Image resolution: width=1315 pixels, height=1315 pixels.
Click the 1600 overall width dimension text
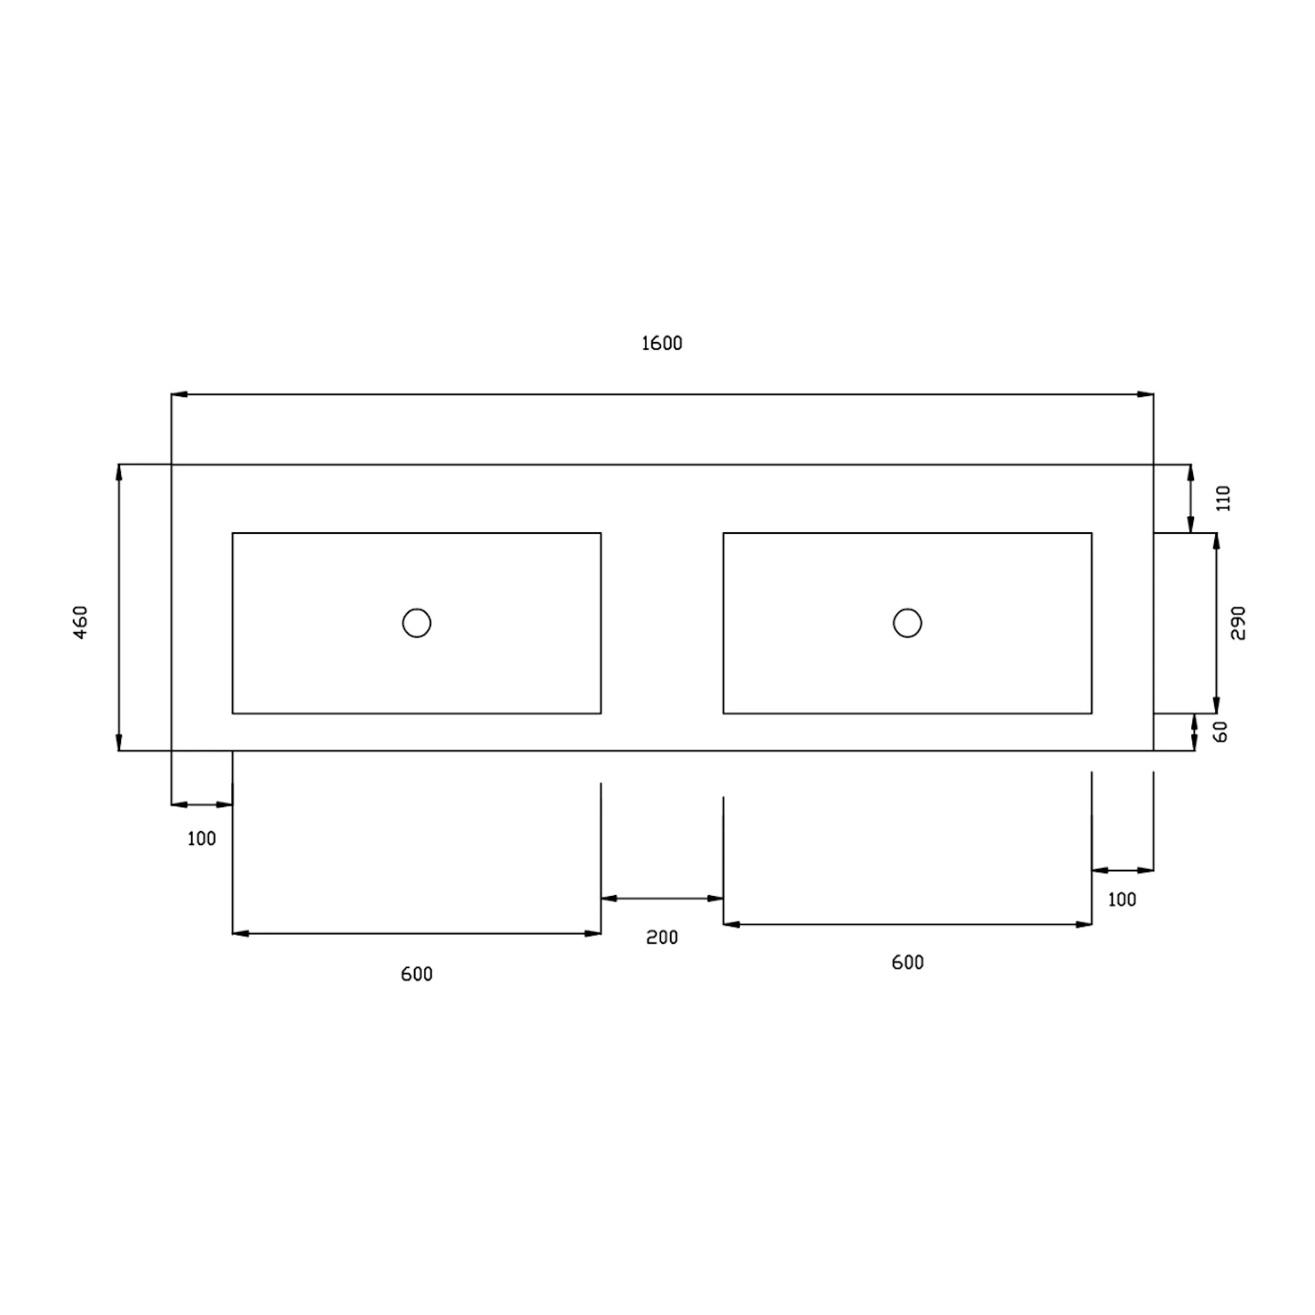tap(662, 344)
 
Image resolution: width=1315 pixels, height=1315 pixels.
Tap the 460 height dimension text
tap(81, 622)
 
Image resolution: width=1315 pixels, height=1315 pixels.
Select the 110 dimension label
tap(1224, 498)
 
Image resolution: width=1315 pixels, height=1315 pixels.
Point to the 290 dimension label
tap(1238, 622)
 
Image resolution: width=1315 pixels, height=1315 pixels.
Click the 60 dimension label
tap(1220, 731)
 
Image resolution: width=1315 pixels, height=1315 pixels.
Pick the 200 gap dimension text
tap(662, 938)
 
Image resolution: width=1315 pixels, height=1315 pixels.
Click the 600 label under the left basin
tap(416, 975)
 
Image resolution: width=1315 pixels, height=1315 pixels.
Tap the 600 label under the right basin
tap(907, 963)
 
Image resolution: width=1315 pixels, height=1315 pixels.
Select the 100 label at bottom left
tap(201, 839)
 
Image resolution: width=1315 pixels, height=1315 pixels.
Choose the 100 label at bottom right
tap(1121, 899)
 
